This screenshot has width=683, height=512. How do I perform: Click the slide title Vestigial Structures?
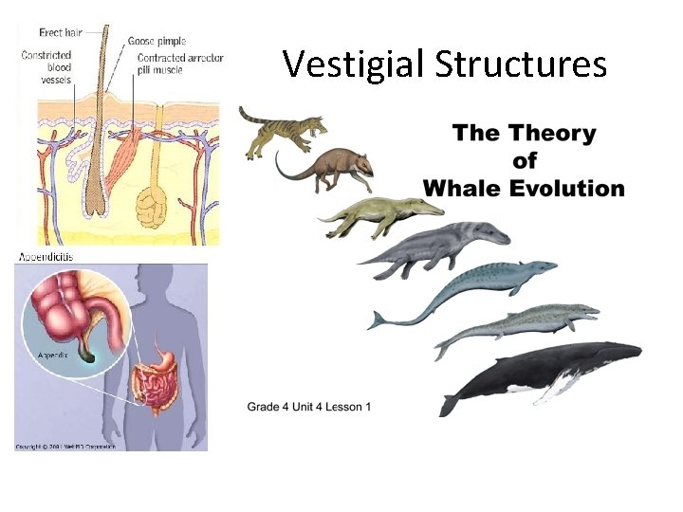point(445,64)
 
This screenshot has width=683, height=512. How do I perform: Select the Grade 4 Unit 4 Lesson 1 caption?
point(309,407)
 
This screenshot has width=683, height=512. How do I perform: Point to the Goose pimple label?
point(157,42)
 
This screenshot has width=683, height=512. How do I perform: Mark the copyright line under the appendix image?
point(66,446)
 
